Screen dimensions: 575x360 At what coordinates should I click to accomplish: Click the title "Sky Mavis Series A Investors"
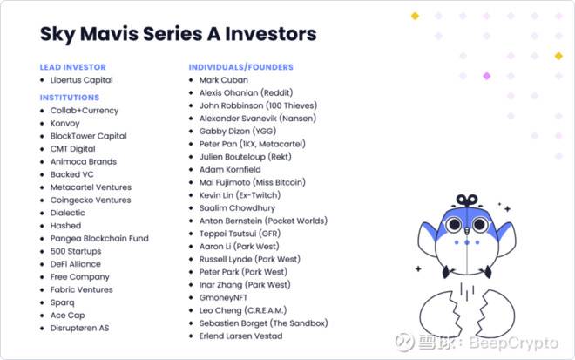(179, 34)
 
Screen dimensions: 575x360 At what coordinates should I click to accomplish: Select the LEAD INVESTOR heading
(73, 67)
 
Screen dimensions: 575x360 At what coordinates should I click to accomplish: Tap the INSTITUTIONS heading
(70, 98)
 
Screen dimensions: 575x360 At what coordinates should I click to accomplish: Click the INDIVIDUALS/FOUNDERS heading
(241, 67)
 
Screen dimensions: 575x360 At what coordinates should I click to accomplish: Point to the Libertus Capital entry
(81, 80)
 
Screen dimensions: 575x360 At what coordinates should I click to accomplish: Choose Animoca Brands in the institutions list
(84, 161)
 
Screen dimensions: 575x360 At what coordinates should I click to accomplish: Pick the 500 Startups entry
(76, 251)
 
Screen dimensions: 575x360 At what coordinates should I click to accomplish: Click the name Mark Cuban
(224, 80)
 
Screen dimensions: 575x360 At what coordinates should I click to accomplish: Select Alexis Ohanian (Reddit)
(246, 93)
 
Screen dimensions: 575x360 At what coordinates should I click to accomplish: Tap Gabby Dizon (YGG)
(238, 131)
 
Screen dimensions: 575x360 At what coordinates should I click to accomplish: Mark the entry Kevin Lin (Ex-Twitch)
(240, 195)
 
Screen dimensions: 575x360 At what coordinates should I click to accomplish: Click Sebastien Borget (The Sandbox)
(264, 323)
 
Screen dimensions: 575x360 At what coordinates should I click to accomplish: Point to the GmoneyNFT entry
(223, 297)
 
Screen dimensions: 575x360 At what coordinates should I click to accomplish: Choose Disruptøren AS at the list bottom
(79, 328)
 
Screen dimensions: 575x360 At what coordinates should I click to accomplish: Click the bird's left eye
(455, 224)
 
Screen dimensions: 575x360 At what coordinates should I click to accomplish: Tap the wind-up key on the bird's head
(467, 200)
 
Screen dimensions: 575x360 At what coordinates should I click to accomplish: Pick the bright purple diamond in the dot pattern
(487, 76)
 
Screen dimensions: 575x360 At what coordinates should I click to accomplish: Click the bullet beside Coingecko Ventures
(42, 200)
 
